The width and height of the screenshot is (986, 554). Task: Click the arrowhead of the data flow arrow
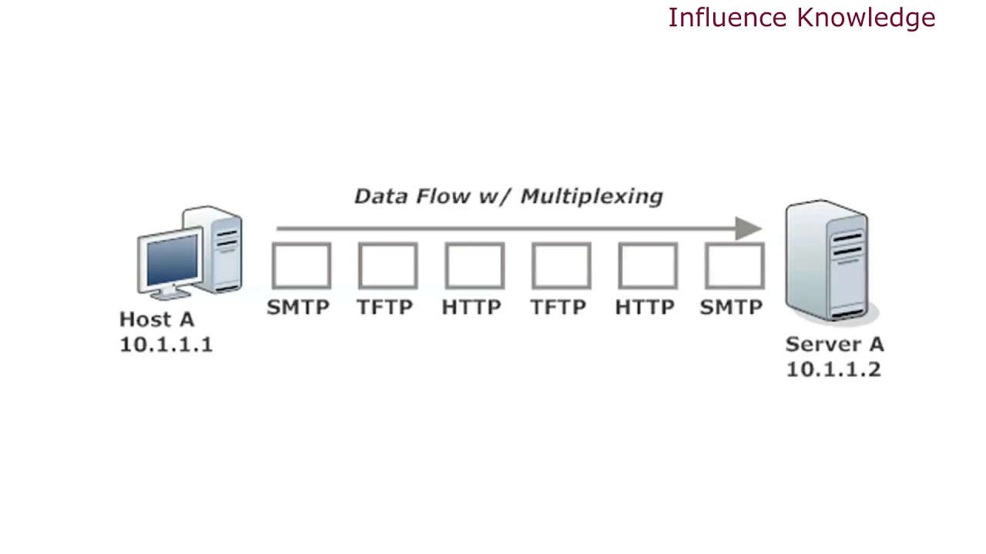pos(748,229)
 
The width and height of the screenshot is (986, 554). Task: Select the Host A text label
pos(157,319)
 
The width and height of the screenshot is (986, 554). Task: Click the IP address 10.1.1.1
pos(166,344)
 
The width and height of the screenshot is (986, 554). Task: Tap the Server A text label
pos(834,344)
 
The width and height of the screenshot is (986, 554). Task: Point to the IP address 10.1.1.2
pos(833,369)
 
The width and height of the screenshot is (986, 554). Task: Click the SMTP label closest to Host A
pos(298,308)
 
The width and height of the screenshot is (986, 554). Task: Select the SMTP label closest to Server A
pos(731,308)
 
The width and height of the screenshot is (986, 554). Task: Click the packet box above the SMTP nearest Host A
pos(301,266)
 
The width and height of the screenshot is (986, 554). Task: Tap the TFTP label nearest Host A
pos(384,308)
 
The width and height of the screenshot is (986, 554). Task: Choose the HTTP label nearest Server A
pos(645,308)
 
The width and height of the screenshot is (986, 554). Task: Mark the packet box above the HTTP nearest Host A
pos(475,266)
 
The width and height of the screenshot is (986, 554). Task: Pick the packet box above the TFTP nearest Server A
pos(561,266)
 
